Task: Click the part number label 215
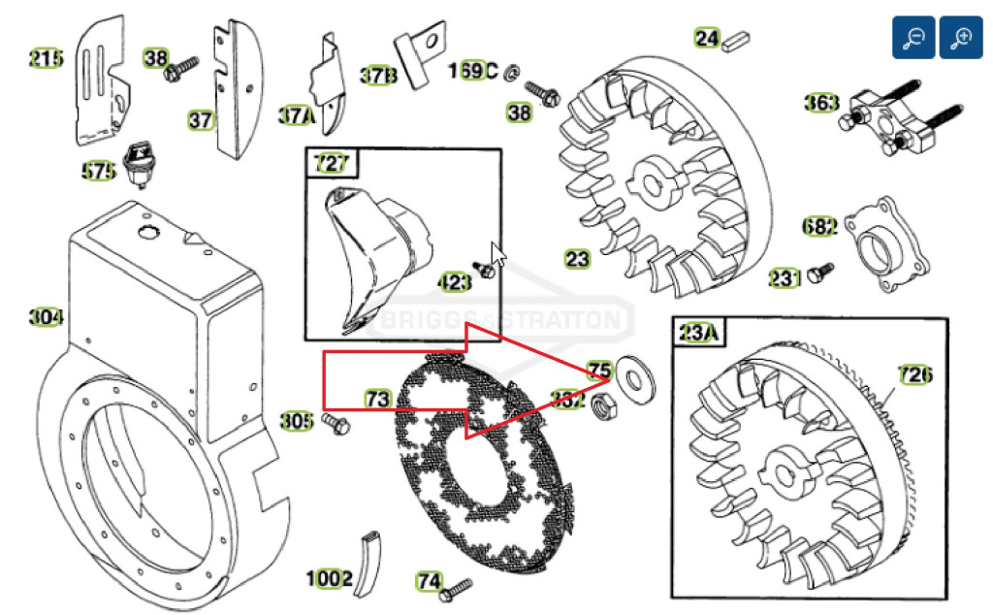[46, 60]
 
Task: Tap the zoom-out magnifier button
[913, 39]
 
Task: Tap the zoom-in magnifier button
[961, 39]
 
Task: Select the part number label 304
[46, 317]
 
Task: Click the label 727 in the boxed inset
[330, 163]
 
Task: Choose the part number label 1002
[329, 579]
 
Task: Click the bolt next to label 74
[455, 587]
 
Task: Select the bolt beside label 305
[335, 422]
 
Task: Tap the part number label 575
[99, 172]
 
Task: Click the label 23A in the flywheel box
[698, 334]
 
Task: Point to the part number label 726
[914, 374]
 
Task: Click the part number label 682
[819, 227]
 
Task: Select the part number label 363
[820, 102]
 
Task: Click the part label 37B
[378, 74]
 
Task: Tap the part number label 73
[377, 399]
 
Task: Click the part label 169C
[472, 71]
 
